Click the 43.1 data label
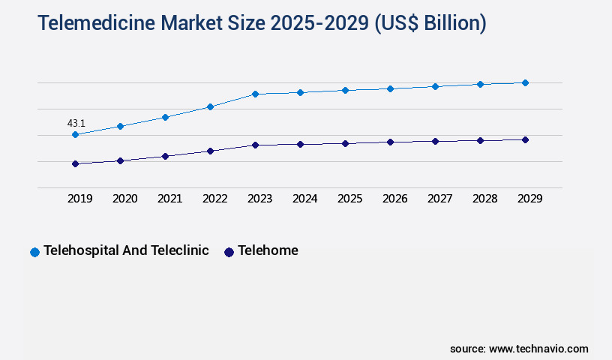pyautogui.click(x=76, y=123)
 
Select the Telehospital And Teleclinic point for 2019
pyautogui.click(x=75, y=135)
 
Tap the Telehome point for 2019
pyautogui.click(x=75, y=163)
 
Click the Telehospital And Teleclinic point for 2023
pyautogui.click(x=255, y=94)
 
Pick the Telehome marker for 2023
pyautogui.click(x=255, y=145)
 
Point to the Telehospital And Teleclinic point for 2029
pyautogui.click(x=525, y=82)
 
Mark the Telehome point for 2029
pyautogui.click(x=525, y=139)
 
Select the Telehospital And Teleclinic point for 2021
pyautogui.click(x=165, y=117)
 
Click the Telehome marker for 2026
pyautogui.click(x=390, y=142)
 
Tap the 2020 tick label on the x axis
pyautogui.click(x=124, y=199)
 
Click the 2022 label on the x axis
pyautogui.click(x=214, y=199)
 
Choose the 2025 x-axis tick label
pyautogui.click(x=349, y=199)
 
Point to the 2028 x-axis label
pyautogui.click(x=484, y=199)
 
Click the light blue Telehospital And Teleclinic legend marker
pyautogui.click(x=34, y=252)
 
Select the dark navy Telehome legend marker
pyautogui.click(x=229, y=252)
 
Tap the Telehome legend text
pyautogui.click(x=268, y=250)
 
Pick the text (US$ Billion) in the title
pyautogui.click(x=430, y=24)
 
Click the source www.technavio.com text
pyautogui.click(x=519, y=349)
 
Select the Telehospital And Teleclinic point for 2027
pyautogui.click(x=435, y=86)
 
